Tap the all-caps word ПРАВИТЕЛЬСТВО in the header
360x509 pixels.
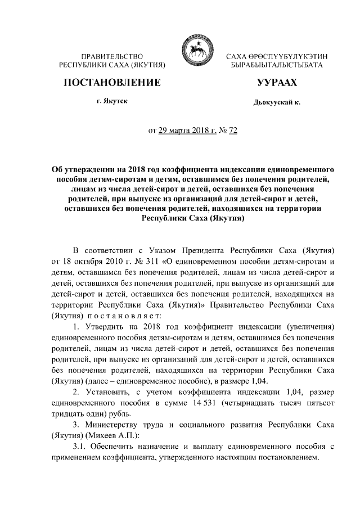coord(111,57)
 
